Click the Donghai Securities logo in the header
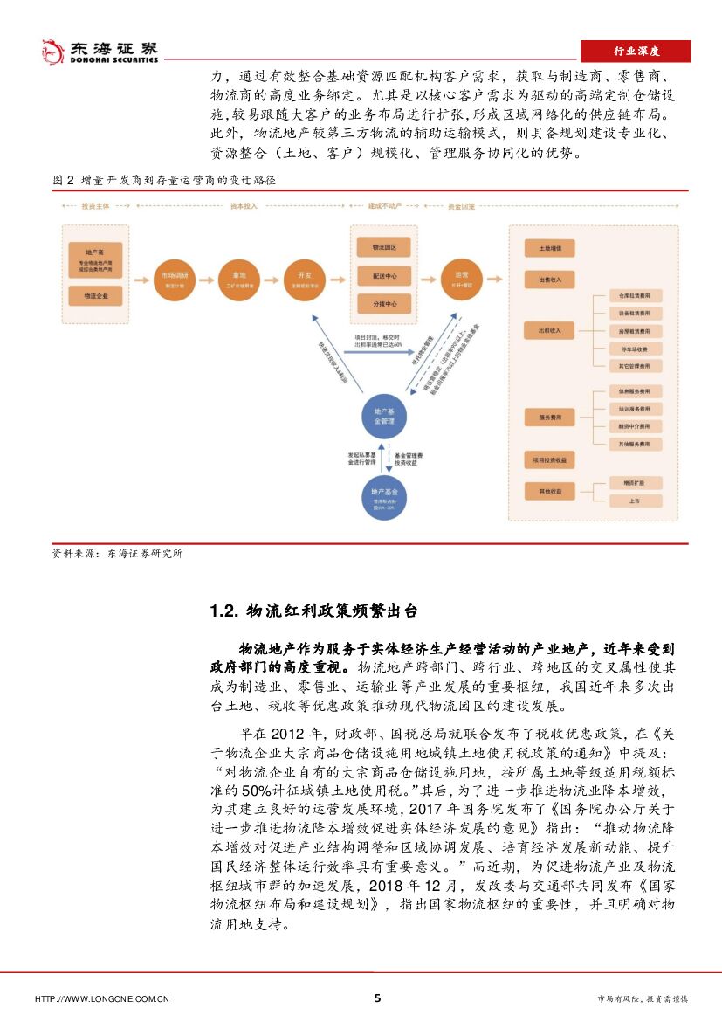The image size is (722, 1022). (100, 51)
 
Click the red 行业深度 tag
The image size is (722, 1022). (636, 52)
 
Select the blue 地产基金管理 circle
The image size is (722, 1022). (384, 416)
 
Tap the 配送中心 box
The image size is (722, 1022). (384, 276)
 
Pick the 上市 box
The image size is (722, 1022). (634, 501)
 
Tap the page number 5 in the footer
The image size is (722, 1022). (377, 998)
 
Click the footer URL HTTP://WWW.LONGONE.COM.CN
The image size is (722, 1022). (101, 999)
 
